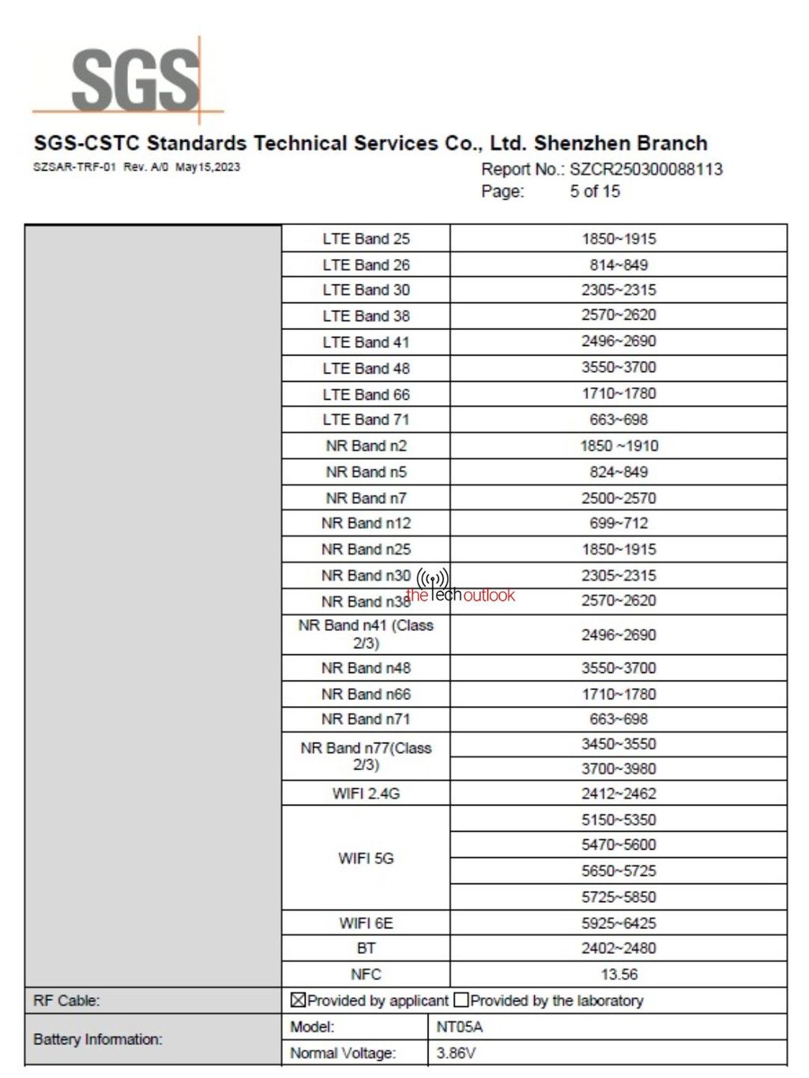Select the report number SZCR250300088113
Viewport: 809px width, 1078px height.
(645, 169)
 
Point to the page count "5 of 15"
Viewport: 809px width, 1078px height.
(595, 191)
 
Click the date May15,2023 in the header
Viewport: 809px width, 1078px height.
(208, 167)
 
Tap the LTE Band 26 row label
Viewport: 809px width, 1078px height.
(366, 265)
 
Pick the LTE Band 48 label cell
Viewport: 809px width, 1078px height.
(366, 368)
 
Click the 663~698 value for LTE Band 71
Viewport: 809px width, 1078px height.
(619, 419)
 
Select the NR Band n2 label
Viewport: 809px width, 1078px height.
(366, 445)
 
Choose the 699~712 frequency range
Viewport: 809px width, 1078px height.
(619, 523)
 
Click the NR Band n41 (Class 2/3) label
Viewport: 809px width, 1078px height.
(366, 634)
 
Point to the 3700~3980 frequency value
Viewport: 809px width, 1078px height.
(619, 768)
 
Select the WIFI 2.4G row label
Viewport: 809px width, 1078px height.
(366, 794)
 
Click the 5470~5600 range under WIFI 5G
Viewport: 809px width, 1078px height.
(619, 845)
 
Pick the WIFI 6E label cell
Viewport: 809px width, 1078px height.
(366, 923)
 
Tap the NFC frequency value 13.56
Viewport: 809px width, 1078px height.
(619, 975)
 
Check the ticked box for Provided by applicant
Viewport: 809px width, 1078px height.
(298, 1001)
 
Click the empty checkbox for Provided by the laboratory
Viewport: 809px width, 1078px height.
(461, 1001)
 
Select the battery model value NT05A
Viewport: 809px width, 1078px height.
(459, 1027)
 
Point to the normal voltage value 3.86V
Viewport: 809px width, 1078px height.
(456, 1053)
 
